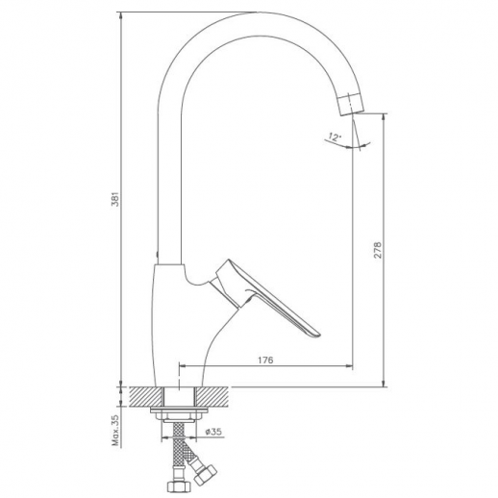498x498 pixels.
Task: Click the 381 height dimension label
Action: (x=116, y=199)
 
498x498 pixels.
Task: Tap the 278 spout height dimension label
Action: (x=378, y=250)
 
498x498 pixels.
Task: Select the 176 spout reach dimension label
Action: (x=265, y=361)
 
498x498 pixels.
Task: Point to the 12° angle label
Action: (x=335, y=137)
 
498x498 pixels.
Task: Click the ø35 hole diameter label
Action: (x=213, y=432)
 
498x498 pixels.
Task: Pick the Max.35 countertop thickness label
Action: (x=115, y=431)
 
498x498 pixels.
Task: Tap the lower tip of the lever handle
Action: (x=316, y=335)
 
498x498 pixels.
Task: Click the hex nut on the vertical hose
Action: (x=176, y=486)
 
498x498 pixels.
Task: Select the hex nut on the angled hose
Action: (x=206, y=474)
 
